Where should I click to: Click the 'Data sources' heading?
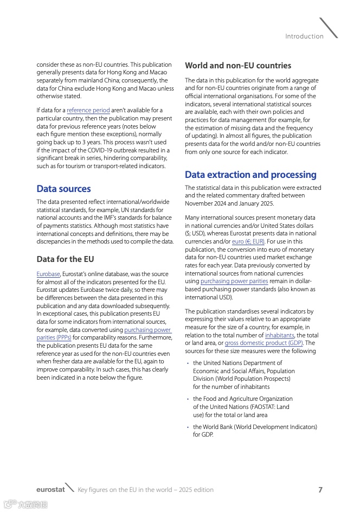[63, 189]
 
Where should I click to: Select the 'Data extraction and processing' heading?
[250, 175]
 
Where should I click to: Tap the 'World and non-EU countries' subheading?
[238, 66]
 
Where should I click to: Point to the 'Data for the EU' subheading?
[65, 259]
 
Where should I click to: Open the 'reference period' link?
[88, 111]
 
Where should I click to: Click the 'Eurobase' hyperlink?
[48, 274]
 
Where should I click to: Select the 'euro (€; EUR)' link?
[248, 241]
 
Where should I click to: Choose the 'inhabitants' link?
[279, 335]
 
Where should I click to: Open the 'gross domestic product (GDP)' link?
[264, 343]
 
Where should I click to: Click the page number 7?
[320, 490]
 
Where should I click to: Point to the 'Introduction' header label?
[304, 36]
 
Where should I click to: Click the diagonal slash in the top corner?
[329, 28]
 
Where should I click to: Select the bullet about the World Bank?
[255, 431]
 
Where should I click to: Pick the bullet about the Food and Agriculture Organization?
[242, 407]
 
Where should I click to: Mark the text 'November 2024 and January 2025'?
[229, 203]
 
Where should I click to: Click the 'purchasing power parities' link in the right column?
[234, 281]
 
